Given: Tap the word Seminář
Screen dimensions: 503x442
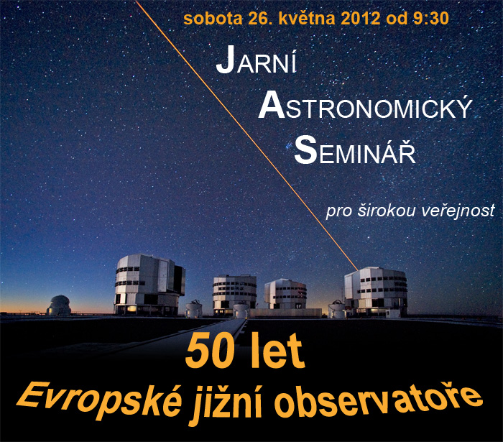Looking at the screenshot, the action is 355,149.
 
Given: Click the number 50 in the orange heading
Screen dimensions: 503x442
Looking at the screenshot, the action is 208,351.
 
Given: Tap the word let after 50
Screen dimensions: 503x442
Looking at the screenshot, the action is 277,351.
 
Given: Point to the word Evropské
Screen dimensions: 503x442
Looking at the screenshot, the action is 99,400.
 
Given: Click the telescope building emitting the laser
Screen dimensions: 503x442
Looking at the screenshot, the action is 376,292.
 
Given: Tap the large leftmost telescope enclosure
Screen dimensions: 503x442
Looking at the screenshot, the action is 149,285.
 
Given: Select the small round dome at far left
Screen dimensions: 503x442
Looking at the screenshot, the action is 59,305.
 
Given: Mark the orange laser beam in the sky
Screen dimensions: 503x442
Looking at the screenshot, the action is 246,135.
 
